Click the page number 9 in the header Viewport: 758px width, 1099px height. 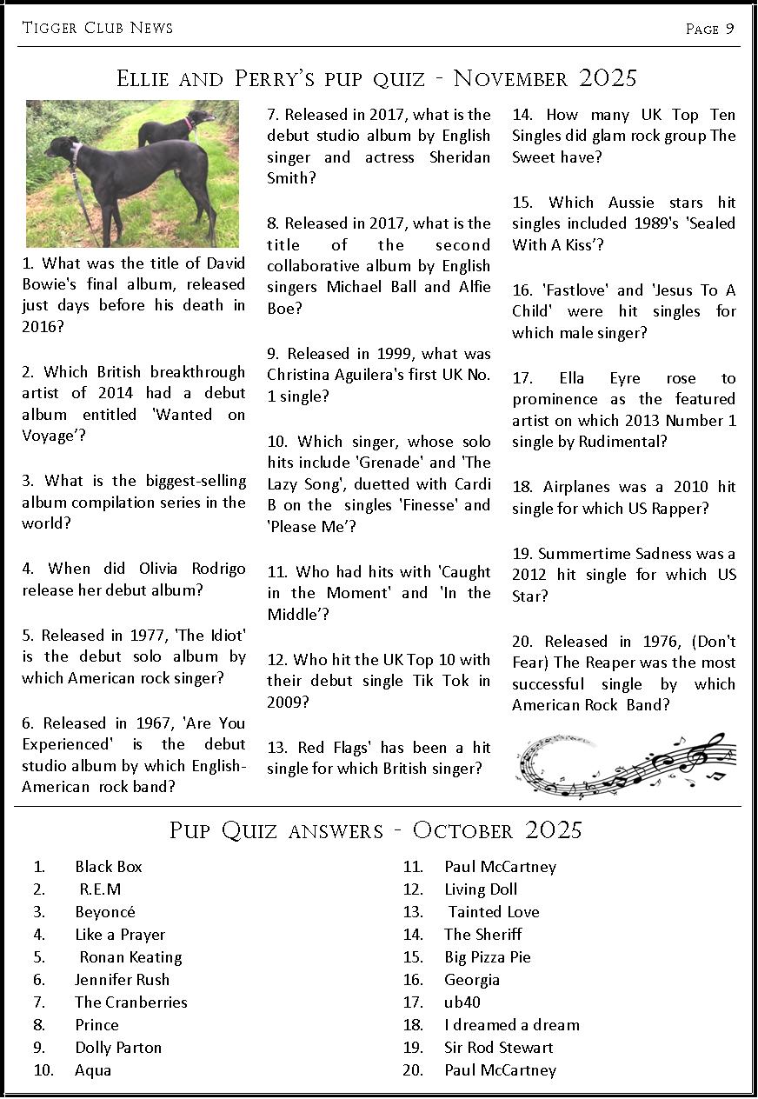click(x=730, y=29)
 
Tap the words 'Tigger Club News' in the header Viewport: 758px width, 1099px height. click(x=97, y=28)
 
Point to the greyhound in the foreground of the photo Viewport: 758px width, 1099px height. click(x=130, y=178)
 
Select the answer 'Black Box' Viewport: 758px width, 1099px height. click(x=109, y=867)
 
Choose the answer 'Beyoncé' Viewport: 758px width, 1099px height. click(x=105, y=912)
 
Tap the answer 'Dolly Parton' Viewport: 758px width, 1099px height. click(x=118, y=1048)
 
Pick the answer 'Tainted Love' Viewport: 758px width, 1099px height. click(x=494, y=912)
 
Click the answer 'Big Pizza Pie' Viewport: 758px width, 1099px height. click(x=487, y=957)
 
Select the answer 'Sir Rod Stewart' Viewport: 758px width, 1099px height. click(x=498, y=1048)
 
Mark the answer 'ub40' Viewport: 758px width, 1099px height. click(x=462, y=1002)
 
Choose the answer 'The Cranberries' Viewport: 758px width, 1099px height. click(x=131, y=1002)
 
